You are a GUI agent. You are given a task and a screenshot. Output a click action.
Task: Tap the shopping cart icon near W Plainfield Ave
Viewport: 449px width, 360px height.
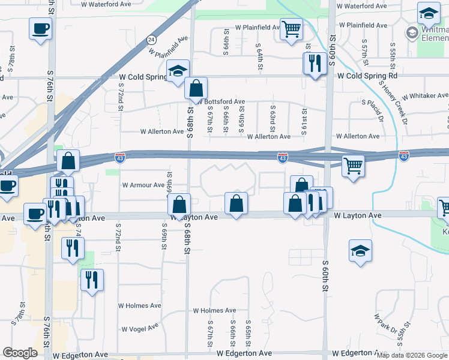pyautogui.click(x=291, y=28)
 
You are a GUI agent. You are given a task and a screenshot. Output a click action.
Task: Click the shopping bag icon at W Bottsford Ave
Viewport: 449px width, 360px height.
pyautogui.click(x=196, y=89)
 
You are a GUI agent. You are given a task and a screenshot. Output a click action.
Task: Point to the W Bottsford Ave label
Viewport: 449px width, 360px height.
pyautogui.click(x=222, y=102)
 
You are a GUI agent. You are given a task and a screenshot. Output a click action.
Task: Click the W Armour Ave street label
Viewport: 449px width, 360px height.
pyautogui.click(x=143, y=185)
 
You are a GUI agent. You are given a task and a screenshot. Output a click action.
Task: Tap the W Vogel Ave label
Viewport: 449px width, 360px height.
pyautogui.click(x=140, y=329)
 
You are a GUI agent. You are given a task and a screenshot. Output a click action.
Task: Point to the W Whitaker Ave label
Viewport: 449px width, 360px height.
pyautogui.click(x=425, y=96)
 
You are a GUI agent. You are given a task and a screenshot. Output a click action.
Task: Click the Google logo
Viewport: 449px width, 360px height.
pyautogui.click(x=20, y=353)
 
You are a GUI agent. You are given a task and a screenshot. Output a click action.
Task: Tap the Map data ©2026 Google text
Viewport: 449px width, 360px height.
pyautogui.click(x=412, y=355)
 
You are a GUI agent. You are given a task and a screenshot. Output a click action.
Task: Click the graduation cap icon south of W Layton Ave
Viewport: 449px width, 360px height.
pyautogui.click(x=360, y=251)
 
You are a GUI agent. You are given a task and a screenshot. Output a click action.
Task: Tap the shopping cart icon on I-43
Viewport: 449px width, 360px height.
pyautogui.click(x=354, y=165)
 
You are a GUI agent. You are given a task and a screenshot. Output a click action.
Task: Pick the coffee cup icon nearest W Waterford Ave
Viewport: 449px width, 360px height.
pyautogui.click(x=40, y=28)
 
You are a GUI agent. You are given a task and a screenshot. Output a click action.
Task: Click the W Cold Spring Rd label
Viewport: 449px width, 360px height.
pyautogui.click(x=367, y=76)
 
